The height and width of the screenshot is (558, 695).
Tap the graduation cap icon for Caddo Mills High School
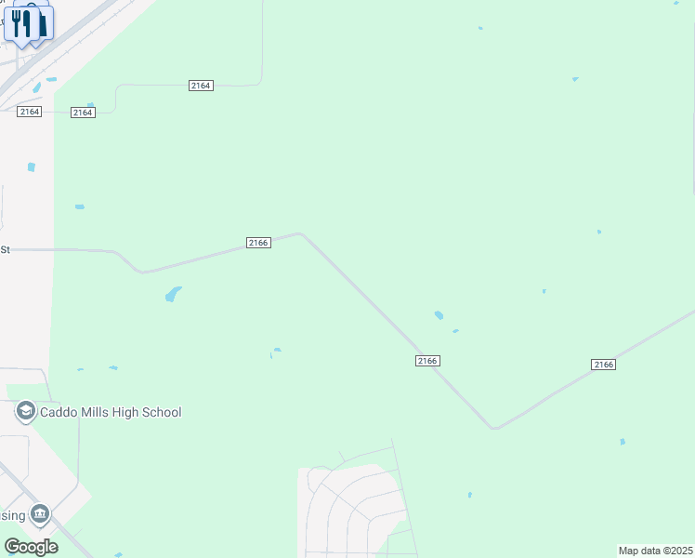click(25, 412)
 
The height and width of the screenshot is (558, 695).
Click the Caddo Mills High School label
click(109, 412)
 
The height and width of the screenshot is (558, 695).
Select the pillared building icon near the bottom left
click(40, 514)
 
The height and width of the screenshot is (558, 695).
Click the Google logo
click(31, 547)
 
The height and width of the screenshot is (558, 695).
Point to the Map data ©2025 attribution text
click(656, 551)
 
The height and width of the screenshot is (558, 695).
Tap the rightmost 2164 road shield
click(201, 86)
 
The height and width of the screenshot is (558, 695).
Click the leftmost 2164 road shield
click(29, 112)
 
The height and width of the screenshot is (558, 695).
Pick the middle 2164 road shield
click(83, 113)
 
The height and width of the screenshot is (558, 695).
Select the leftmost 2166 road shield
click(258, 243)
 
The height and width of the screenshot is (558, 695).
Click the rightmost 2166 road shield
click(603, 365)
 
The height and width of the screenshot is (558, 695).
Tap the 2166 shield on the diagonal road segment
click(426, 361)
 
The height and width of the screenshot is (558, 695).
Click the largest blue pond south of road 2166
click(173, 294)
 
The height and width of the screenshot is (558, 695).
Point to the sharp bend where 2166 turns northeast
click(494, 428)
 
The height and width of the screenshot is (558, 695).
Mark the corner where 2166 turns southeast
click(299, 233)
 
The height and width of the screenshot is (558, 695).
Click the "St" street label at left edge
click(5, 249)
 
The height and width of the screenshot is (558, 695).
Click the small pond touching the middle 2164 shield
click(90, 105)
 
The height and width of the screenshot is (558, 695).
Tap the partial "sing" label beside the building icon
click(12, 515)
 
